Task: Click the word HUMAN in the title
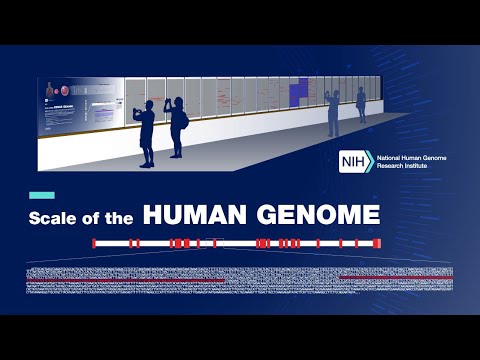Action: pos(196,215)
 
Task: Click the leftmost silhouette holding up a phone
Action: pos(147,130)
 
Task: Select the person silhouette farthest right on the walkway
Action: pos(361,105)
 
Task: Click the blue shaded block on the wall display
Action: pos(299,93)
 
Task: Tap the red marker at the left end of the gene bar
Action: pos(94,243)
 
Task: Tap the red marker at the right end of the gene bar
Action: pos(377,243)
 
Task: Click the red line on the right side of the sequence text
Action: pos(395,276)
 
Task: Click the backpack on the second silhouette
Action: pos(186,120)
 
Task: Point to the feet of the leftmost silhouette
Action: pos(147,163)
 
